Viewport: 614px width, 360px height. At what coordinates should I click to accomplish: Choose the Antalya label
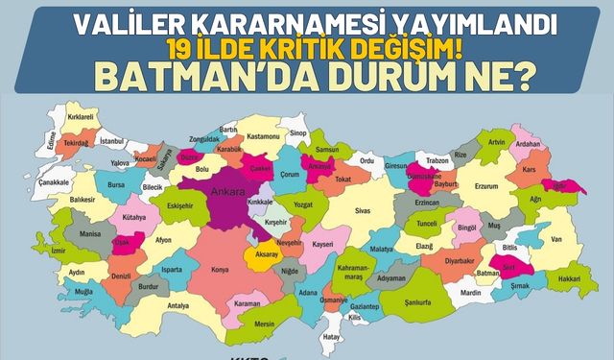178,307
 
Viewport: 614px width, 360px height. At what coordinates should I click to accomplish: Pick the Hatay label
332,337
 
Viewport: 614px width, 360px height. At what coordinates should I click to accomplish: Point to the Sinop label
297,133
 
